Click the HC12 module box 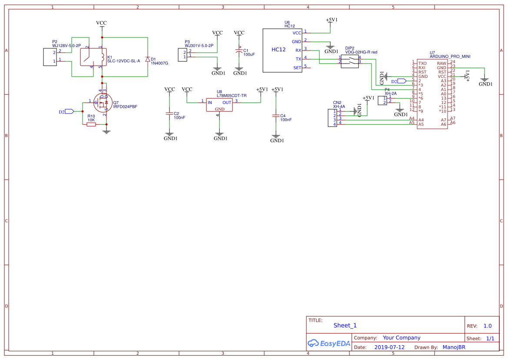pyautogui.click(x=282, y=50)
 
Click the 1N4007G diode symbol pyautogui.click(x=148, y=59)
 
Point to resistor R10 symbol pyautogui.click(x=91, y=124)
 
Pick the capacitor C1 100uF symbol pyautogui.click(x=239, y=51)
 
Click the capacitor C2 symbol pyautogui.click(x=169, y=113)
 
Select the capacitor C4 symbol pyautogui.click(x=275, y=116)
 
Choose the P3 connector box pyautogui.click(x=181, y=55)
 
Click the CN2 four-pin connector pyautogui.click(x=332, y=118)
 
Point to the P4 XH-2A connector pyautogui.click(x=382, y=100)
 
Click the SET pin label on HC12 pyautogui.click(x=297, y=68)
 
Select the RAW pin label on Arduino pyautogui.click(x=442, y=63)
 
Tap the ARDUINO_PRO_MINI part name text pyautogui.click(x=450, y=57)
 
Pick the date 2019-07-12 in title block pyautogui.click(x=389, y=347)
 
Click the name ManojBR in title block pyautogui.click(x=454, y=347)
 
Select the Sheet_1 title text pyautogui.click(x=345, y=325)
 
